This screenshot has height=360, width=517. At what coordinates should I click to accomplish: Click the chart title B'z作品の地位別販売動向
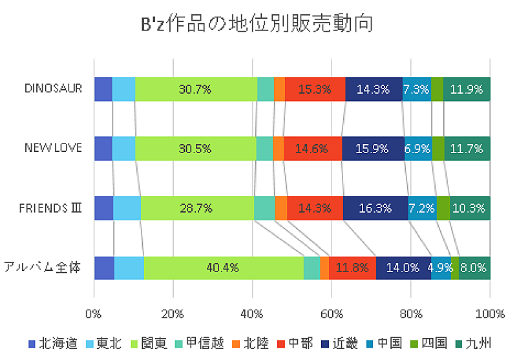click(258, 24)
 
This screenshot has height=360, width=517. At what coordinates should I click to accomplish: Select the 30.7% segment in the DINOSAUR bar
click(196, 89)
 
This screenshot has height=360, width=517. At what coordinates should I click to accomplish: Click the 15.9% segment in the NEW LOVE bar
click(373, 148)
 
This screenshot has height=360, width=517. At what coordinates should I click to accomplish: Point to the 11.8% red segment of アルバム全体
click(352, 268)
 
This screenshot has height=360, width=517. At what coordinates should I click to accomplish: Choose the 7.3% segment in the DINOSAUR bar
click(416, 89)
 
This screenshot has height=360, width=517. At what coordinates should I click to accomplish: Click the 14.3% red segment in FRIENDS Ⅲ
click(315, 208)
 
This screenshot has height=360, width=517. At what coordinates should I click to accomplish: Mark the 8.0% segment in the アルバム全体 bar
click(474, 268)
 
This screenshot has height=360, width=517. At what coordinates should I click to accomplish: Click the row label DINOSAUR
click(54, 88)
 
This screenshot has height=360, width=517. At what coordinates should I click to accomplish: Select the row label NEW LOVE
click(53, 148)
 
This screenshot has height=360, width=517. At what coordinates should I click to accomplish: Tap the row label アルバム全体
click(43, 267)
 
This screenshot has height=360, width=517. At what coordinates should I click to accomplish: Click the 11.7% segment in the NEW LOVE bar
click(467, 148)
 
